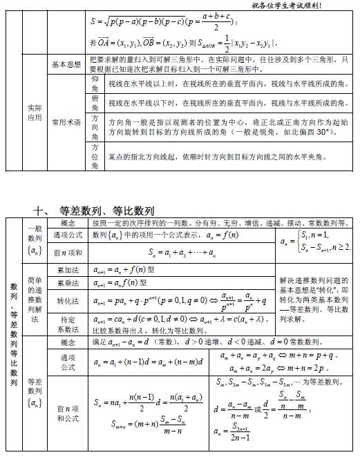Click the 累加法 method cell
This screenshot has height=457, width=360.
click(x=68, y=271)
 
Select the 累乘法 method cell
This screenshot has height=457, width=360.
click(x=68, y=283)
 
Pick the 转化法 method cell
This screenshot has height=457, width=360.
click(x=68, y=302)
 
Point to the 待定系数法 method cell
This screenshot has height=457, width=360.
click(x=68, y=324)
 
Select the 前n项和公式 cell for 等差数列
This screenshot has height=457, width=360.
click(x=68, y=413)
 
